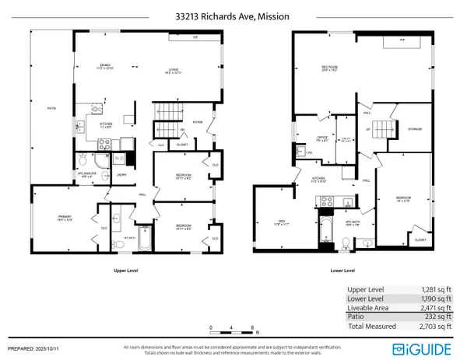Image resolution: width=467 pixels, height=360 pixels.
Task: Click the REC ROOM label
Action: pos(329,68)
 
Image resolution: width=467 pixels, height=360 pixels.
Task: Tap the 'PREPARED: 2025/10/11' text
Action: pos(37,348)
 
